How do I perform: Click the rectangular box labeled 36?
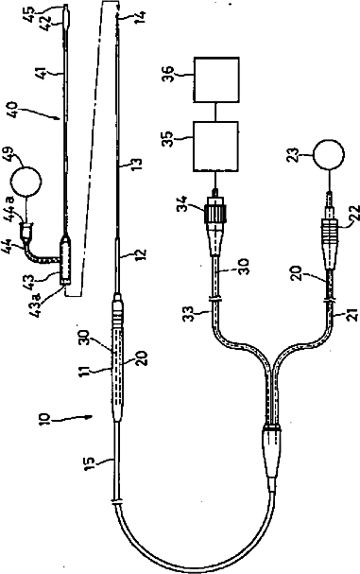pos(216,79)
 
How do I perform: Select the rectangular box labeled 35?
pos(215,146)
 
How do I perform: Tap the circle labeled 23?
pos(329,154)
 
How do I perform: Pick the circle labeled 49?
pos(26,182)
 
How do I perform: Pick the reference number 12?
pos(141,253)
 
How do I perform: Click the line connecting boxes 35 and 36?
pos(216,112)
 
